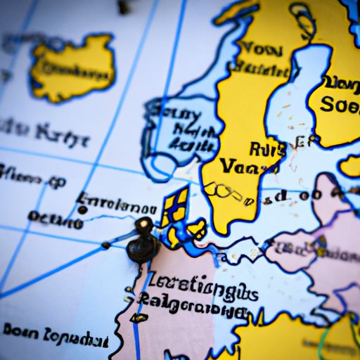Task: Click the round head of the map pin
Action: pyautogui.click(x=144, y=226)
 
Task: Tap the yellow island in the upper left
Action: pyautogui.click(x=73, y=66)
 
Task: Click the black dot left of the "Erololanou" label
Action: pyautogui.click(x=82, y=209)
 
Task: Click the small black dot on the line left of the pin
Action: pyautogui.click(x=105, y=245)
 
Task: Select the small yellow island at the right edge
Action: pyautogui.click(x=349, y=166)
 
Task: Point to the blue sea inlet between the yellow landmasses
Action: pyautogui.click(x=295, y=91)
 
